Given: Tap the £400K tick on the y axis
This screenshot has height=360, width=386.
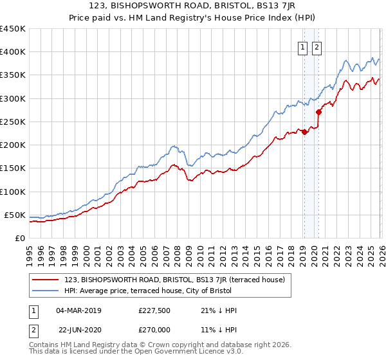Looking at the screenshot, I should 13,52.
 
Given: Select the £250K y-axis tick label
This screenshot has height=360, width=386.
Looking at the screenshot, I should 13,122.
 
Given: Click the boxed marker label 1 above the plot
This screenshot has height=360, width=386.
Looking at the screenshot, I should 302,46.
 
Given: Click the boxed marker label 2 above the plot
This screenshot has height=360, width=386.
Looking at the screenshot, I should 317,46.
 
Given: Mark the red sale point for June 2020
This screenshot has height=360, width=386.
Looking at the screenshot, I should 318,112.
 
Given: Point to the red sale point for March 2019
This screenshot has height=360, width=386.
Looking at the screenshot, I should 304,132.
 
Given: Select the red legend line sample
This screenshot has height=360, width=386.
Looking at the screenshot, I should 46,279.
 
